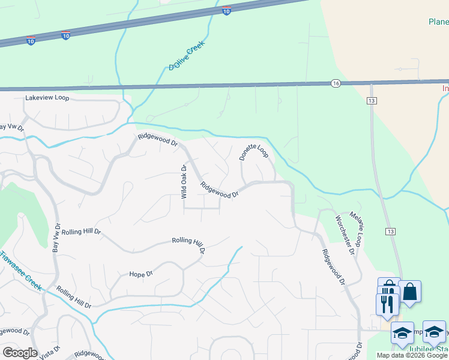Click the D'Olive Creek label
187,55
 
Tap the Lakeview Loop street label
47,98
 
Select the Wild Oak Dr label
184,182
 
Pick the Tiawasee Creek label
21,271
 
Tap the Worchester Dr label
345,233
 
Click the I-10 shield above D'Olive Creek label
226,11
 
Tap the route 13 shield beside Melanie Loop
391,231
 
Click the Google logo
20,353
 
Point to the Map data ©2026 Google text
412,355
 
